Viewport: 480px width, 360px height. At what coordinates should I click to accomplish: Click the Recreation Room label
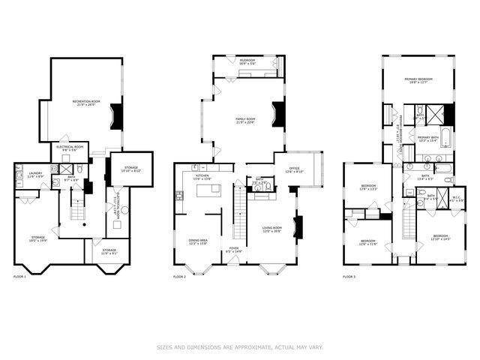(86, 102)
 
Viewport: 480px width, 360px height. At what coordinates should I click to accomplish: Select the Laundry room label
(35, 175)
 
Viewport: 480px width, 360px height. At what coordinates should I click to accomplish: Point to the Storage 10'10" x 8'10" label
(131, 169)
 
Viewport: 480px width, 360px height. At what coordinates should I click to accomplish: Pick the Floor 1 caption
(20, 277)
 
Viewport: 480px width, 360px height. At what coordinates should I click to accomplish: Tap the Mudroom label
(247, 62)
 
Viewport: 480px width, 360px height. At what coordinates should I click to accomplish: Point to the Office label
(294, 170)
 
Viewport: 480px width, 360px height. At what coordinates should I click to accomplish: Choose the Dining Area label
(198, 241)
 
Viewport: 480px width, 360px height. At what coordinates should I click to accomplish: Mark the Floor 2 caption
(180, 277)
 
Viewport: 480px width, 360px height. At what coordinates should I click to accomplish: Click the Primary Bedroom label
(420, 80)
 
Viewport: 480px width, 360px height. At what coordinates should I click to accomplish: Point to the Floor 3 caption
(349, 277)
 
